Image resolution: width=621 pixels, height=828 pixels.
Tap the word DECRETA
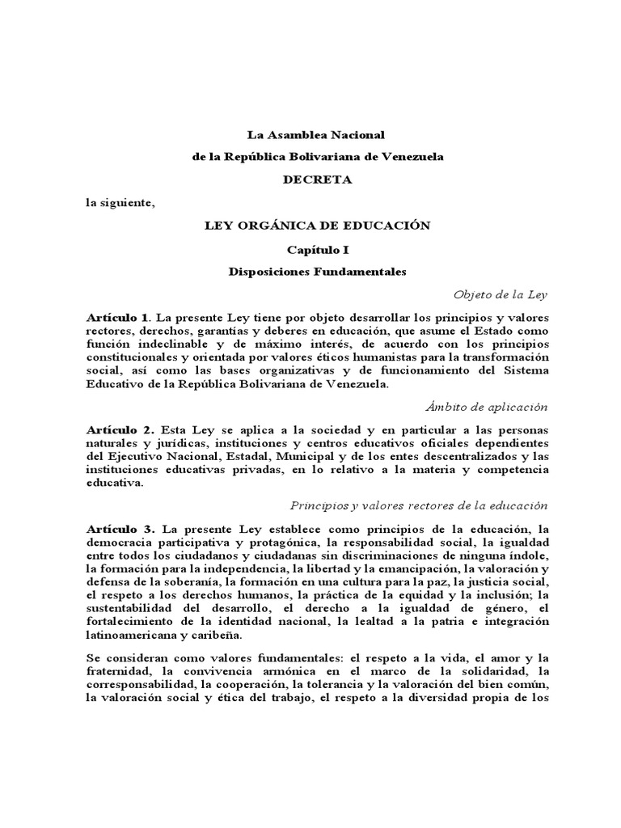[317, 180]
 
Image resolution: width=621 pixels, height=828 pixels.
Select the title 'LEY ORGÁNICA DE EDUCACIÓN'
[317, 226]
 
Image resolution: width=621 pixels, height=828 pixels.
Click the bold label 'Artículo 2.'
[120, 431]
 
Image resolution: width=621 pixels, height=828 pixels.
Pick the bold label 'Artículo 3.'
[120, 529]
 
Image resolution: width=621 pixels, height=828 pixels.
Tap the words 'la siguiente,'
[120, 203]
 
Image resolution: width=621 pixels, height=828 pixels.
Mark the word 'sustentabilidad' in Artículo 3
[133, 608]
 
